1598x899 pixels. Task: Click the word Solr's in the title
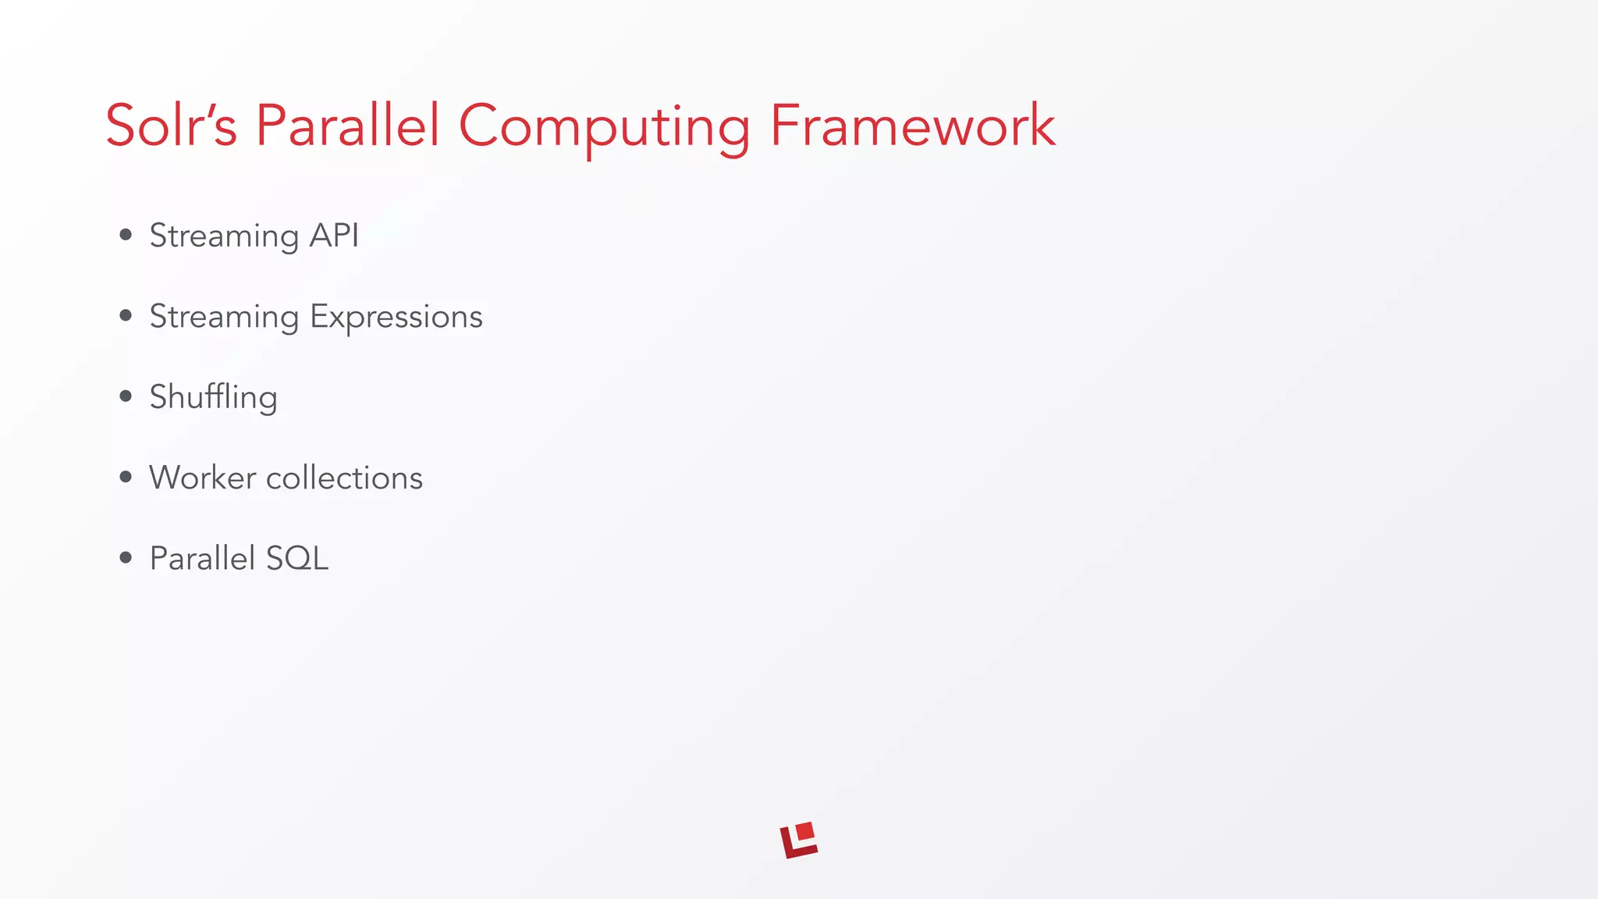click(171, 126)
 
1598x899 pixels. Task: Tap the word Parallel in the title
click(347, 126)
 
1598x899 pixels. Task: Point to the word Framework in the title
click(912, 126)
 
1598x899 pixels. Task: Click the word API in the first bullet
click(334, 236)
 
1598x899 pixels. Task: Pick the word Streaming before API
click(224, 237)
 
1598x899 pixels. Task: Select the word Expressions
click(396, 318)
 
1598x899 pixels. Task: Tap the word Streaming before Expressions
click(224, 318)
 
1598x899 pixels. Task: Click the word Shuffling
click(213, 398)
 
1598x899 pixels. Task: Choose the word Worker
click(202, 478)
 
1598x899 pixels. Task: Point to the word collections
click(344, 478)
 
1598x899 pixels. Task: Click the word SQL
click(297, 559)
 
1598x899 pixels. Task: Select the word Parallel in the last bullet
click(202, 559)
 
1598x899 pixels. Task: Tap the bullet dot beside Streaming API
click(126, 235)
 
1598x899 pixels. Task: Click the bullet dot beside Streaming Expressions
click(126, 315)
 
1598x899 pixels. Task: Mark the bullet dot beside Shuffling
click(126, 396)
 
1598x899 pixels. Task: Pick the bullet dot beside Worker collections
click(126, 477)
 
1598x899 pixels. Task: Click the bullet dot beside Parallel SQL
click(126, 557)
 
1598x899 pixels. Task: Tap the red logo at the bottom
click(798, 841)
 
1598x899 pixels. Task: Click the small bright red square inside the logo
click(804, 832)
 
